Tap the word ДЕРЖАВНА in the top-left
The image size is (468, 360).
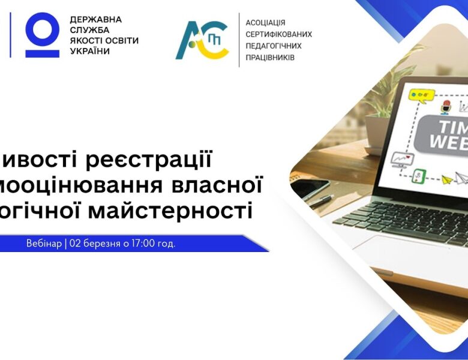[x=95, y=19]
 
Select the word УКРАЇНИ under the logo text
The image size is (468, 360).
[x=90, y=52]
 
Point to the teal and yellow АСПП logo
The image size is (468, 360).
[x=202, y=40]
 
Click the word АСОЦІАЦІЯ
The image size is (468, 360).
[x=266, y=23]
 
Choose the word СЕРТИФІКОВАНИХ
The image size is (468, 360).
[x=278, y=34]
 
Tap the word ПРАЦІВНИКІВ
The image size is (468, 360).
[x=270, y=58]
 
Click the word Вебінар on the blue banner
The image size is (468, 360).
[x=43, y=244]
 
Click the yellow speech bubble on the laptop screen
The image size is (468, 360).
[x=421, y=94]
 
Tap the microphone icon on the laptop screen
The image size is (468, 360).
[x=445, y=107]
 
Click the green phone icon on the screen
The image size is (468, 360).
[x=420, y=176]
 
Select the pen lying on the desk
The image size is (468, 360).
[x=322, y=200]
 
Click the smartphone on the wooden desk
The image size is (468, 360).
[x=309, y=187]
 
